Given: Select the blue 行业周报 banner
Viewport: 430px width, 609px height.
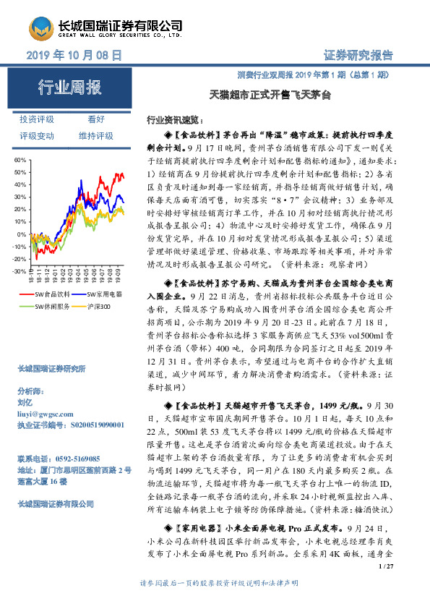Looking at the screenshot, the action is [69, 88].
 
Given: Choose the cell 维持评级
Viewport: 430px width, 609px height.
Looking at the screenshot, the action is [96, 135].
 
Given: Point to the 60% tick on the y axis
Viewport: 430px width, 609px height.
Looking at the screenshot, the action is [20, 159].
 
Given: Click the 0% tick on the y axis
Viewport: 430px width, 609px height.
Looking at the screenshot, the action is [22, 234].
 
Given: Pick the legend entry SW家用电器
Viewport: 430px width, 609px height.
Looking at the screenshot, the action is [104, 295].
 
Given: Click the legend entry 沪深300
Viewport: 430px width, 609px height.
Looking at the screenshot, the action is [98, 307].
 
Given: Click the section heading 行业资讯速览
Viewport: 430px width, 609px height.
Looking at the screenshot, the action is [174, 118].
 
